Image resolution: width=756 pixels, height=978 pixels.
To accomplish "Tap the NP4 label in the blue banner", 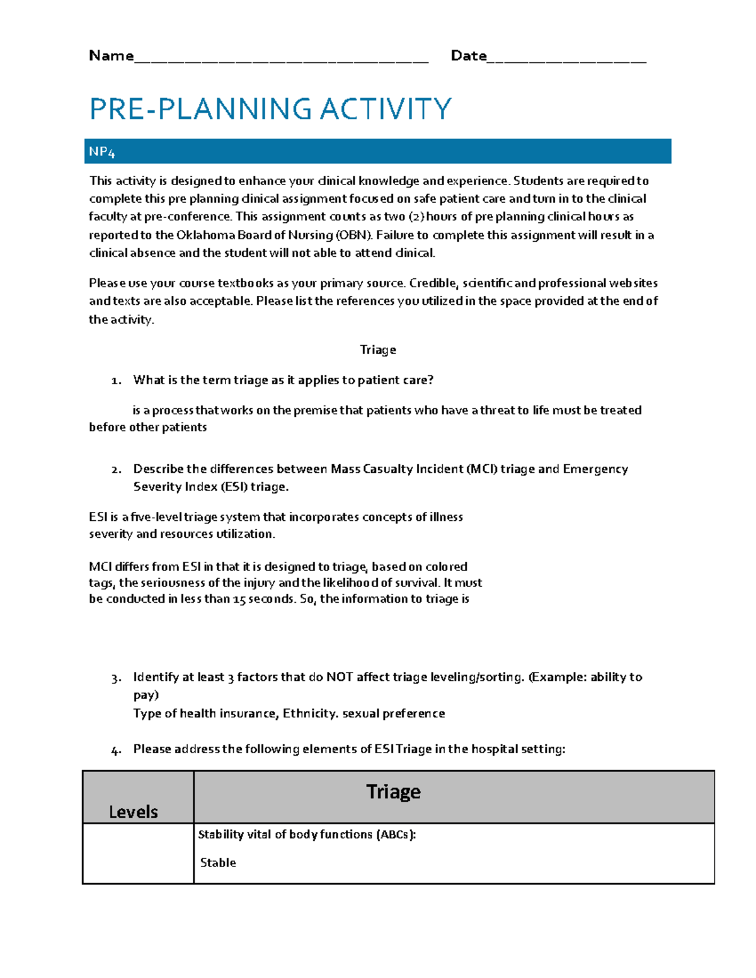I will tap(101, 152).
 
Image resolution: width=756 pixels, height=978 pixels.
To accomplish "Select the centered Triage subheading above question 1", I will tap(378, 350).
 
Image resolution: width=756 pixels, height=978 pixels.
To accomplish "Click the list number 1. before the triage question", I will tap(116, 380).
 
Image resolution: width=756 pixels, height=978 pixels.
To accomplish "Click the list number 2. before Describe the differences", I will tap(116, 469).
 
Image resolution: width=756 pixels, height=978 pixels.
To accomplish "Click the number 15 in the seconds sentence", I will tap(239, 599).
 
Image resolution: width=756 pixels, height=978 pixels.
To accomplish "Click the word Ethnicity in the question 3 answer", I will tap(309, 714).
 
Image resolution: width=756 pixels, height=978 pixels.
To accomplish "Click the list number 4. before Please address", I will tap(116, 749).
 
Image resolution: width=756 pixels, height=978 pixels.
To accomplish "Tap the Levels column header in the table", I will tap(134, 812).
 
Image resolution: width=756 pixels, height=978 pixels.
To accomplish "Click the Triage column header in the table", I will tap(393, 792).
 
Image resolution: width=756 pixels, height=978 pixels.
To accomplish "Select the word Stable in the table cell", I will tap(218, 863).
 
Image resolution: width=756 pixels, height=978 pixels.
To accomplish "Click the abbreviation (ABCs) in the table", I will tap(396, 834).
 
